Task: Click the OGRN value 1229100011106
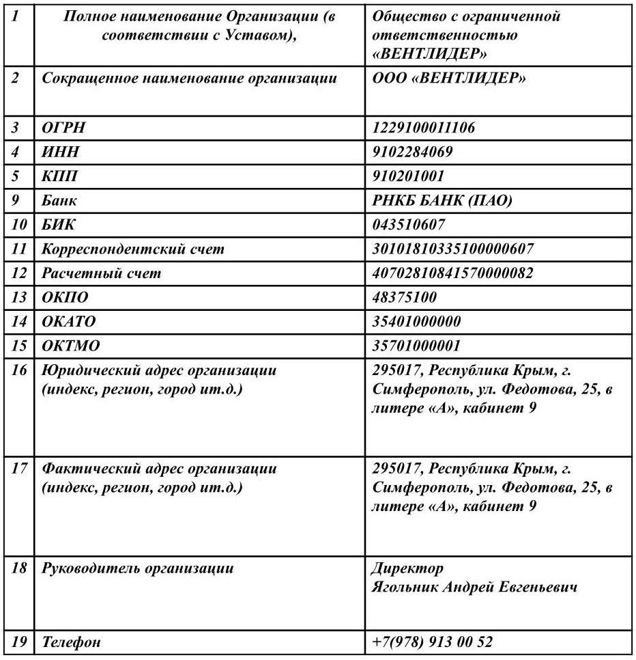pos(424,128)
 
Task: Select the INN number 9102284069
pos(412,152)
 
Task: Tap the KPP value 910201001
pos(408,176)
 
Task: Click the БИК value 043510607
pos(409,225)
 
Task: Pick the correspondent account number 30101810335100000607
pos(453,249)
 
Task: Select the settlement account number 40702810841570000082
pos(453,273)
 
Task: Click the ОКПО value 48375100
pos(405,297)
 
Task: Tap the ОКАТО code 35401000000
pos(416,321)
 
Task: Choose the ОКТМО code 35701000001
pos(416,346)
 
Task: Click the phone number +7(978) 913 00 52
pos(432,642)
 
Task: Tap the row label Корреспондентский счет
pos(133,249)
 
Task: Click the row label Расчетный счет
pos(102,273)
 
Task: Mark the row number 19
pos(20,642)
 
